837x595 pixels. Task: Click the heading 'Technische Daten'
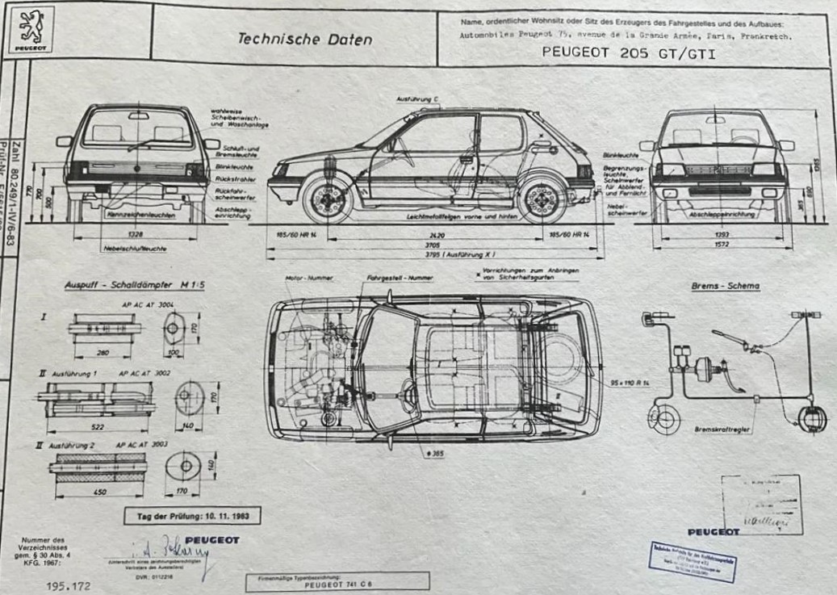click(x=304, y=39)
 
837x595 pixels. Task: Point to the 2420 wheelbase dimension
click(x=437, y=235)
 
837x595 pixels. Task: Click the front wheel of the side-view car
click(x=329, y=199)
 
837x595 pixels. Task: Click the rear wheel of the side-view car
click(x=543, y=199)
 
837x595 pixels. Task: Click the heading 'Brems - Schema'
click(x=725, y=285)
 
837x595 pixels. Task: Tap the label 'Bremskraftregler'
click(x=722, y=429)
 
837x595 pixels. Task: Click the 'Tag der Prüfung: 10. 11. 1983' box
click(x=192, y=514)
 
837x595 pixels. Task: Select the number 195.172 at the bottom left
click(x=69, y=585)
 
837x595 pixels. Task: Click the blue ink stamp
click(x=693, y=560)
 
